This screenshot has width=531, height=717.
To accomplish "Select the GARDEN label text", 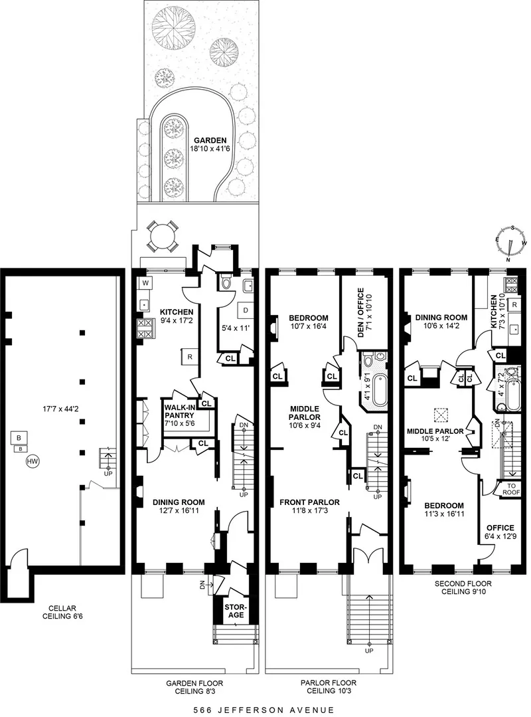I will coord(210,140).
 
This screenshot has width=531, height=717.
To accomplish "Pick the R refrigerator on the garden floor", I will coord(189,357).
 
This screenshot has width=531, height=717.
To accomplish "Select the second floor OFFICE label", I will coord(500,528).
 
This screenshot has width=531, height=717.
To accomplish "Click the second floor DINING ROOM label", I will coord(437,317).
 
